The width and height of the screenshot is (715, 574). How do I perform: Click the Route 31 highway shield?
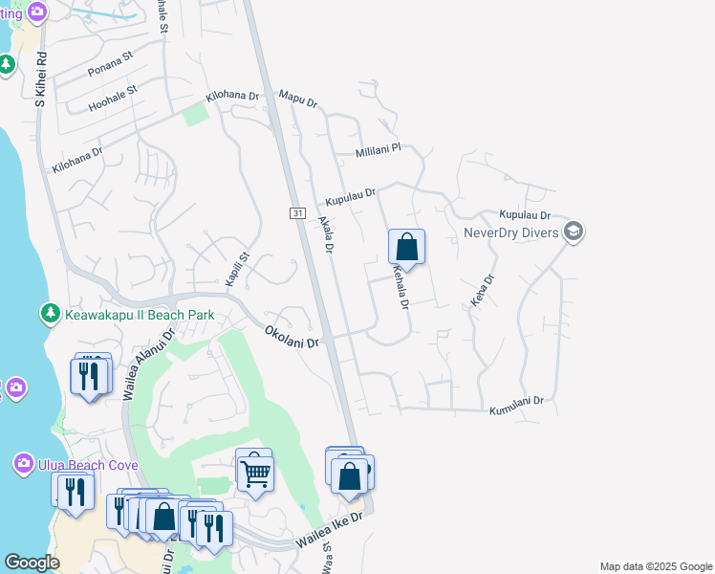[x=298, y=211]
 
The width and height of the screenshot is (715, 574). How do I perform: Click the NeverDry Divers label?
[x=510, y=232]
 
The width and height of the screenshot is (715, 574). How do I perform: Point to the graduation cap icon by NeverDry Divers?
[x=574, y=232]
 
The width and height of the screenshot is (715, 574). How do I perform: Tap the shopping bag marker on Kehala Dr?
[x=406, y=247]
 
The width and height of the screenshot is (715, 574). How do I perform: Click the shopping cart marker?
[x=255, y=472]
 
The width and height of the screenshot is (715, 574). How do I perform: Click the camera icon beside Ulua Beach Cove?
[x=24, y=465]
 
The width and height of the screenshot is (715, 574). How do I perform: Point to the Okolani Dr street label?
[x=291, y=336]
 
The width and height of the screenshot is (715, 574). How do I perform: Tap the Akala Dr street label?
[x=325, y=234]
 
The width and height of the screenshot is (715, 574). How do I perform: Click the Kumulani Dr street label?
[x=516, y=406]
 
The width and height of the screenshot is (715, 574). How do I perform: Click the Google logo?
[x=32, y=563]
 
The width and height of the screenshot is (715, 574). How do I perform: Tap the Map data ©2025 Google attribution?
[x=655, y=566]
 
